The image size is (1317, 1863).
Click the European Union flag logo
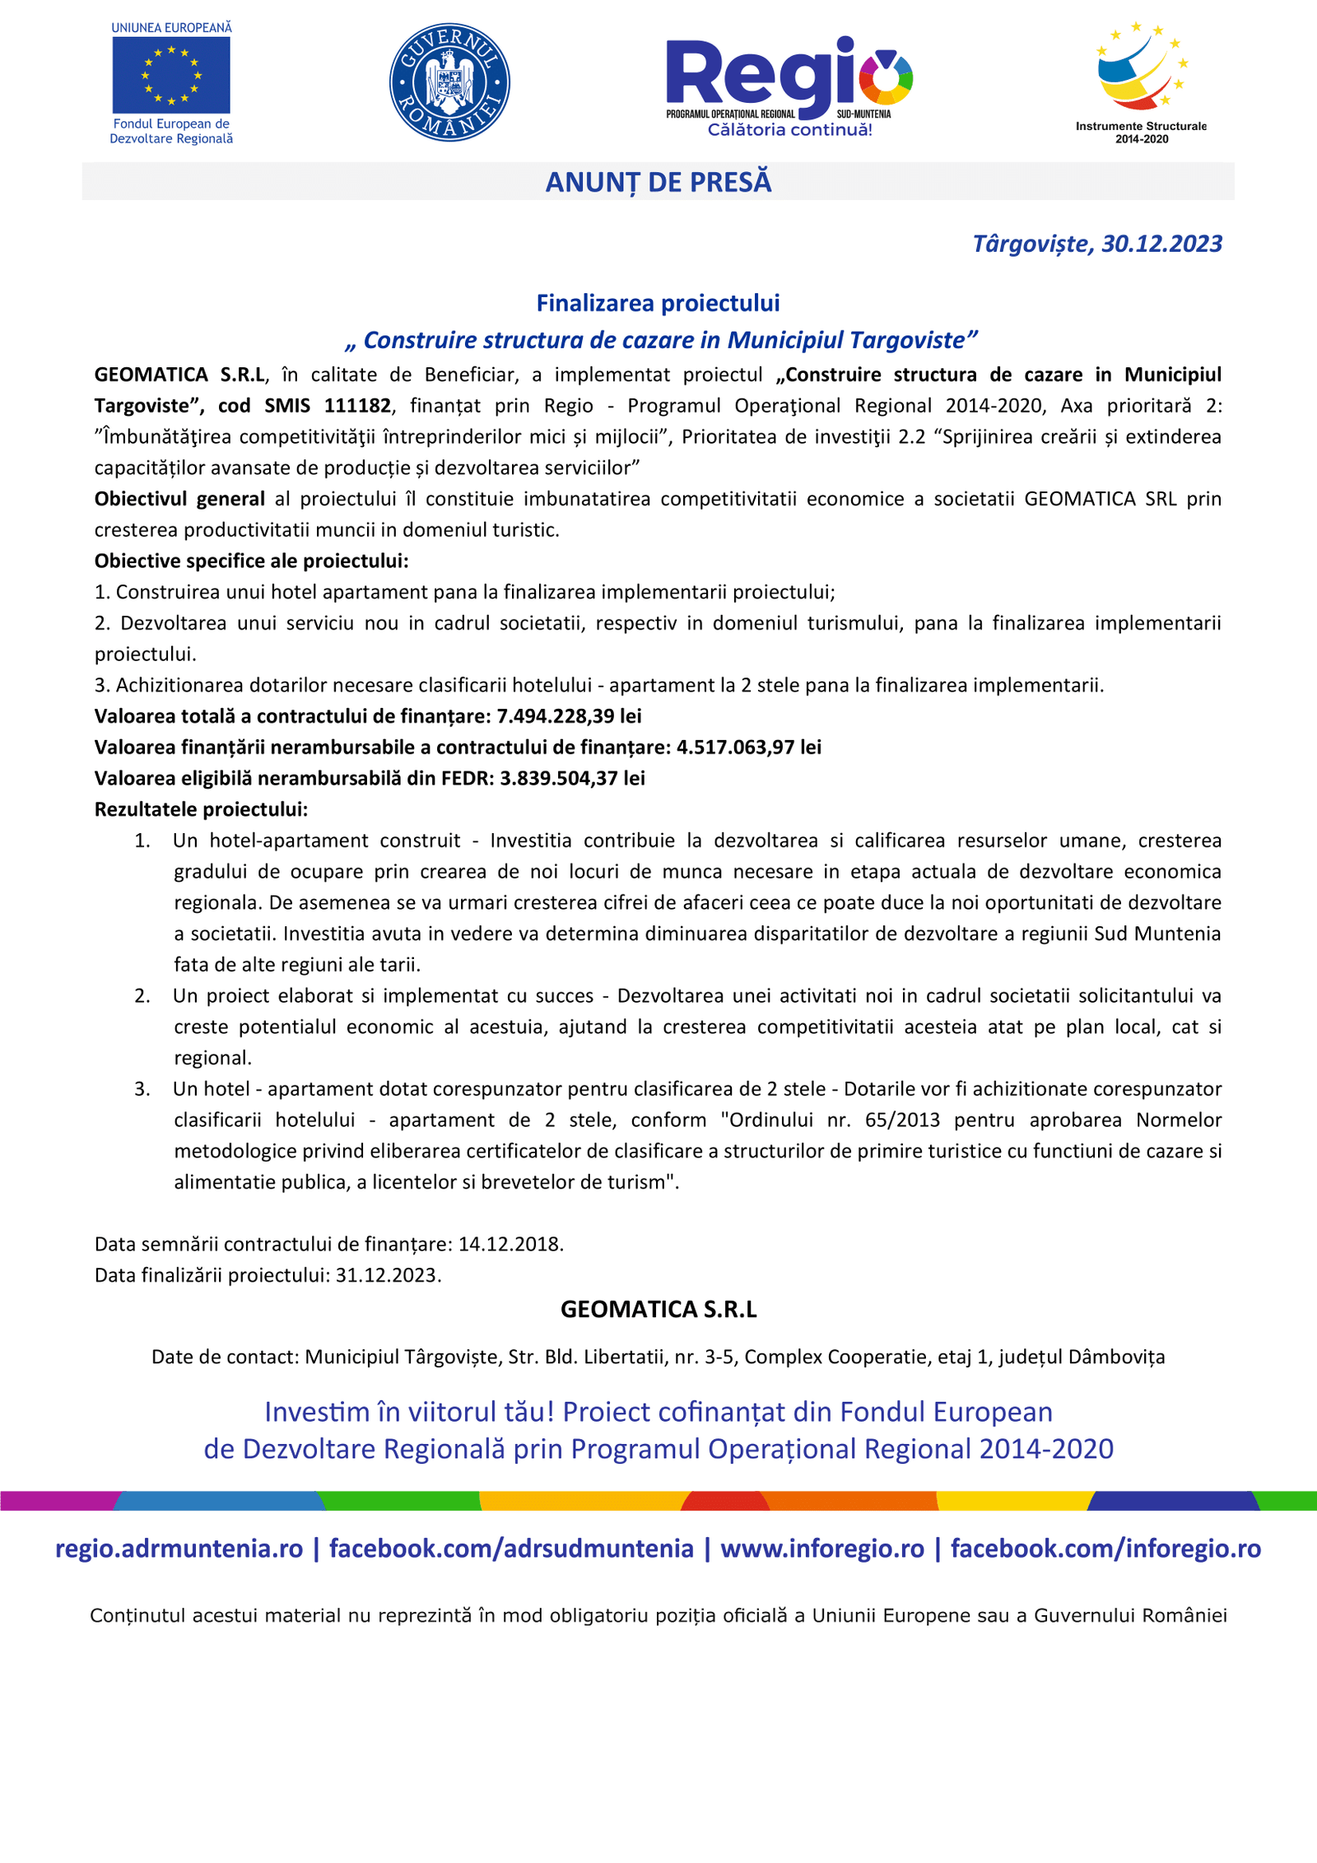pos(171,75)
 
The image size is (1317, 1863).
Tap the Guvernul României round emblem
pos(449,82)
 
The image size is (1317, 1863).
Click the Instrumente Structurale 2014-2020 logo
pos(1141,82)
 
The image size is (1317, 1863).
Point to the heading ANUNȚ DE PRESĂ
pos(658,182)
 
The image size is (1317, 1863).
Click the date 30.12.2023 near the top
pos(1161,244)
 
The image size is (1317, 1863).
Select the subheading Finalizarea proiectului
pos(658,303)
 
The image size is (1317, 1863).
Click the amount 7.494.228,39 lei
pos(569,716)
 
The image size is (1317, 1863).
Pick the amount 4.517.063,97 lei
pos(748,748)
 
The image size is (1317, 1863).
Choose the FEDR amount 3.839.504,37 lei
pos(572,779)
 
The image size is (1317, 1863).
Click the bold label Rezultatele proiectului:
pos(201,809)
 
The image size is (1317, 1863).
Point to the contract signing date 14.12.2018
pos(510,1244)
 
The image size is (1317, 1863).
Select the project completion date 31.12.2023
pos(388,1275)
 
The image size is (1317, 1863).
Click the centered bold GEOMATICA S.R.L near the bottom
pos(658,1310)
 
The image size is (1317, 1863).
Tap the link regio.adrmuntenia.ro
pos(179,1549)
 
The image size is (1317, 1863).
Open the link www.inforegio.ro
pos(822,1549)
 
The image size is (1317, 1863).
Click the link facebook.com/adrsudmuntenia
pos(511,1549)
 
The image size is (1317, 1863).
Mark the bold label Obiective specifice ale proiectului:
pos(251,561)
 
